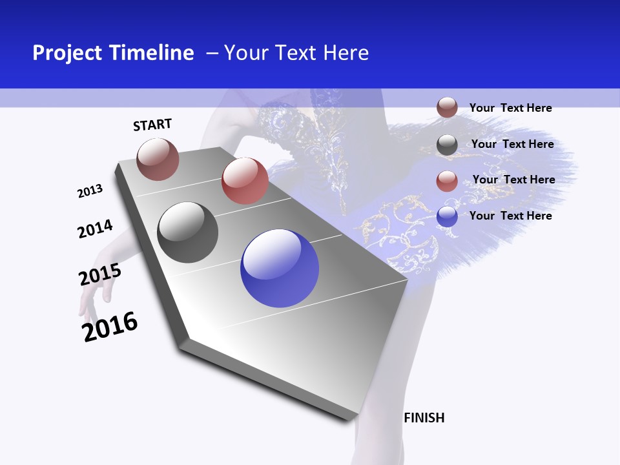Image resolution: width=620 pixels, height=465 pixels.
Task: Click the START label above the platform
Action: pos(152,125)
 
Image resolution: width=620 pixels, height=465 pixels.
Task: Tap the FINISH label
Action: pos(424,418)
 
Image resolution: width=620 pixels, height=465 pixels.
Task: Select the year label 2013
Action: pos(90,191)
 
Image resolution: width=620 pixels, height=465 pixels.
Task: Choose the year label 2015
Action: pos(100,274)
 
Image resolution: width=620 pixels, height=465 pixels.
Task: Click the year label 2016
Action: pos(110,326)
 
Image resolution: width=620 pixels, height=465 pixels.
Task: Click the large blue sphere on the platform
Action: pos(280,268)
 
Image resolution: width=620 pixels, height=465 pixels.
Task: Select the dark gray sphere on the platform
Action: pos(188,232)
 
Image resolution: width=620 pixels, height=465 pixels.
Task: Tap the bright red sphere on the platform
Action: pos(245,181)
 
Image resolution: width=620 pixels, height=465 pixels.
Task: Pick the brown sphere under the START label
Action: pos(158,159)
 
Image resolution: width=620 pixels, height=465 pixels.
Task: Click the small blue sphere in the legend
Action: pos(447,216)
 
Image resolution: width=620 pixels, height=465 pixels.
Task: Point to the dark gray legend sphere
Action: pos(447,145)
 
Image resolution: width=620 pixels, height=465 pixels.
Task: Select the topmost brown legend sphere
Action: pos(447,107)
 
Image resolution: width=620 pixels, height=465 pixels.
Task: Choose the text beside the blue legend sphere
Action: pos(510,216)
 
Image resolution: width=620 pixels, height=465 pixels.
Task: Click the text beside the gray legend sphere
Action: pos(512,144)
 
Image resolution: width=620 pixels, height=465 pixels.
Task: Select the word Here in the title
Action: pos(345,53)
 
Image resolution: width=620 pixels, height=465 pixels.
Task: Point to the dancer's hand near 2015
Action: pos(92,294)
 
